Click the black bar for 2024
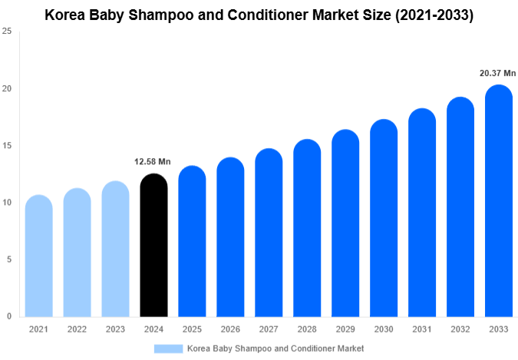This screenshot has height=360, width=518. [153, 246]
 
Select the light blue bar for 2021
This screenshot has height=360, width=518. [38, 256]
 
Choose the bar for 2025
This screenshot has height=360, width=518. [192, 242]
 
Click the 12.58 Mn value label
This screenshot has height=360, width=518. [152, 162]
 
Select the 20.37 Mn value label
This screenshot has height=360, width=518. [497, 73]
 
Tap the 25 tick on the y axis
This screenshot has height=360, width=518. [7, 31]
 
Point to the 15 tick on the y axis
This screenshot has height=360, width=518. [7, 146]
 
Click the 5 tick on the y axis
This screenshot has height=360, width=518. [8, 259]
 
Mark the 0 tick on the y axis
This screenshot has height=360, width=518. [8, 316]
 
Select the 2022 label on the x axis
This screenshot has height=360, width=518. [77, 329]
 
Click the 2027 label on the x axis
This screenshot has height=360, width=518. [269, 329]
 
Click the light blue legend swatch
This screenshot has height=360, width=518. [168, 348]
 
